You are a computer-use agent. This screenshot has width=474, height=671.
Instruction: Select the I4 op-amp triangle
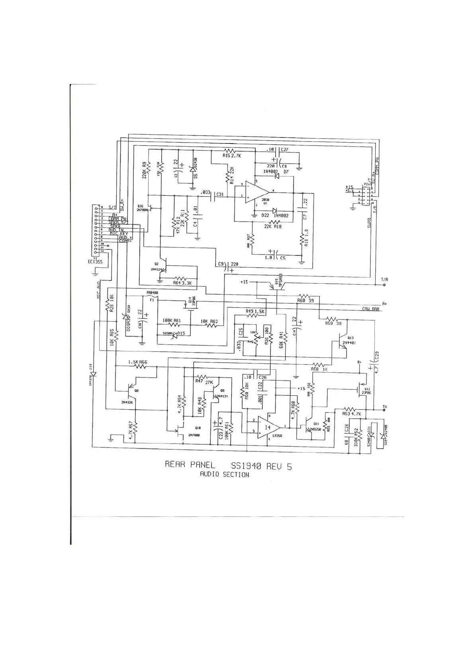point(267,427)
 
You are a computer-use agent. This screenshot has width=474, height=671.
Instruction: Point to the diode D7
point(275,177)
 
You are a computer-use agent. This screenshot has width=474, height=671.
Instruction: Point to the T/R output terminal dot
point(384,285)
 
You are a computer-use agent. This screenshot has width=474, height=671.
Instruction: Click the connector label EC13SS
point(95,262)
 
